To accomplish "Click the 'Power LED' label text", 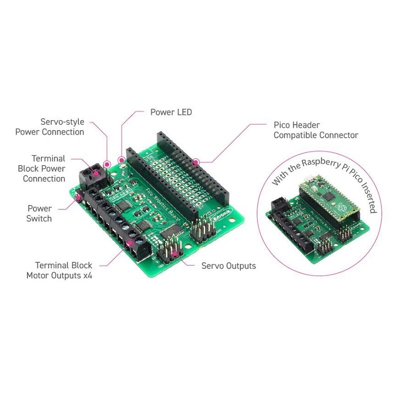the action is point(171,112).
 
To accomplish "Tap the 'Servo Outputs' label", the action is point(228,266).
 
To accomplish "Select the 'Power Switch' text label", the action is point(39,213).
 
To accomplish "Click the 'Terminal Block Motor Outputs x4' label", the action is point(59,270).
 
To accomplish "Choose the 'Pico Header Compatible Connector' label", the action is point(316,130).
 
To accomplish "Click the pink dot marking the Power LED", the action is point(121,160).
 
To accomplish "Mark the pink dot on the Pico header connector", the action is point(197,162).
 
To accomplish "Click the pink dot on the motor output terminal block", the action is point(130,243).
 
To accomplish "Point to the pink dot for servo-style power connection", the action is point(107,164).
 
